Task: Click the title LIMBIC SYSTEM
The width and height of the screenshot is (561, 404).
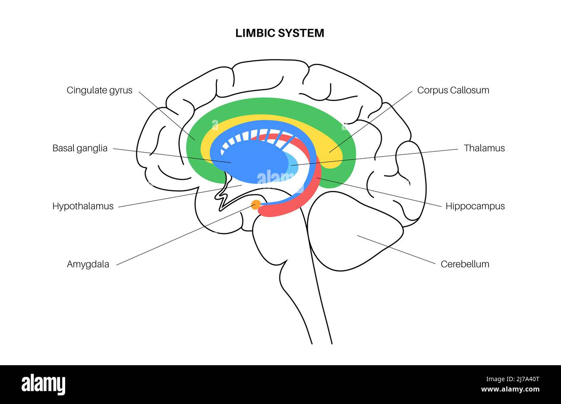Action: click(280, 33)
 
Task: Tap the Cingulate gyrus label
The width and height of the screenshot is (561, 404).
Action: click(99, 90)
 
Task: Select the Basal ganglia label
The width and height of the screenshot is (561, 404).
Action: click(80, 148)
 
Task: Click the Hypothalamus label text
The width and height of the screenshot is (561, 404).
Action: click(83, 206)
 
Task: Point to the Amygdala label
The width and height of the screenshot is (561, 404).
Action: click(88, 264)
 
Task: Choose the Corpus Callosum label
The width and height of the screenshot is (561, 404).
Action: click(453, 90)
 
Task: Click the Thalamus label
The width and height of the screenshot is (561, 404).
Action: click(484, 148)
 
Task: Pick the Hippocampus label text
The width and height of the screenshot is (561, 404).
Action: click(475, 206)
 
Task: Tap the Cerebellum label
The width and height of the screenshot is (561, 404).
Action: click(465, 264)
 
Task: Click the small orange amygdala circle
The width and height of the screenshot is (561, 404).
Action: click(256, 205)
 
